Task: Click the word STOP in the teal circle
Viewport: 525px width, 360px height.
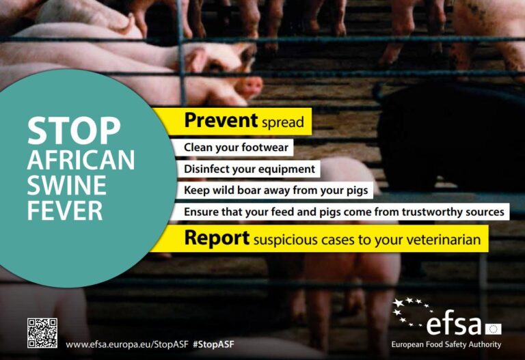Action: [x=74, y=130]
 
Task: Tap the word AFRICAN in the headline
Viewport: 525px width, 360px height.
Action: [x=81, y=160]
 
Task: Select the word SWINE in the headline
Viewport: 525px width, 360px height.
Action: [x=66, y=185]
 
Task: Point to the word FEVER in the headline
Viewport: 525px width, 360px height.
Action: [x=65, y=210]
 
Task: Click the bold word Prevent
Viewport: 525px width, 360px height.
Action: [x=221, y=120]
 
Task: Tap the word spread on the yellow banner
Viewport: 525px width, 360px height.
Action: [x=283, y=122]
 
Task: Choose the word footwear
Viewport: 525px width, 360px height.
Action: [x=265, y=148]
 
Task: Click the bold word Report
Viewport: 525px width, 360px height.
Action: [x=217, y=238]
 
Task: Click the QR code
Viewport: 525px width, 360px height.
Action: [x=42, y=333]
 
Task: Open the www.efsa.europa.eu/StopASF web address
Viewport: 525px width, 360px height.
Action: [x=127, y=344]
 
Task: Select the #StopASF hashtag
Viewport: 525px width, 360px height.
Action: [x=213, y=344]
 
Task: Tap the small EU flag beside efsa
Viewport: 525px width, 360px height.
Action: [x=493, y=329]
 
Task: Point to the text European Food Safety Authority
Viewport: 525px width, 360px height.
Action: [x=446, y=344]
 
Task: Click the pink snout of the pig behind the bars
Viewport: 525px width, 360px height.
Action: [x=250, y=86]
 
